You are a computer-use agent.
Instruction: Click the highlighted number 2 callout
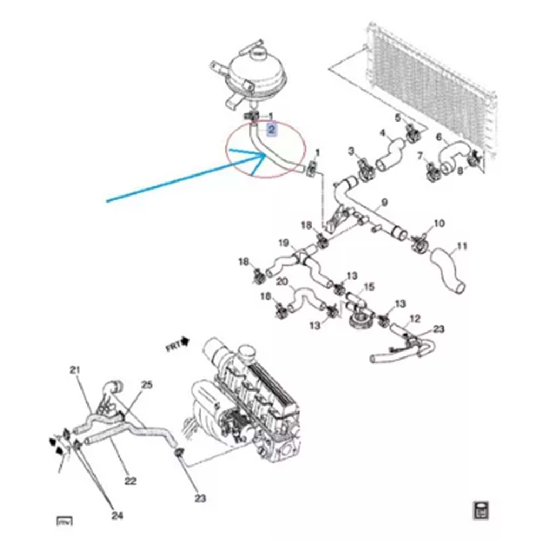pyautogui.click(x=272, y=130)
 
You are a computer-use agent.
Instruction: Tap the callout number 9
pyautogui.click(x=384, y=203)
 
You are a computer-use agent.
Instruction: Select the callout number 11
pyautogui.click(x=461, y=247)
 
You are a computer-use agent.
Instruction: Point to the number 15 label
pyautogui.click(x=369, y=286)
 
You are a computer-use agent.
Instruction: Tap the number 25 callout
pyautogui.click(x=147, y=385)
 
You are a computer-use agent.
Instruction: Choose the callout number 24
pyautogui.click(x=117, y=516)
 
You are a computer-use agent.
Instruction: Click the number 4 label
pyautogui.click(x=382, y=132)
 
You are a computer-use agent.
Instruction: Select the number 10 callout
pyautogui.click(x=439, y=223)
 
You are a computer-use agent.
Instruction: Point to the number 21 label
pyautogui.click(x=75, y=369)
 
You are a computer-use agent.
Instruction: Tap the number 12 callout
pyautogui.click(x=415, y=319)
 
